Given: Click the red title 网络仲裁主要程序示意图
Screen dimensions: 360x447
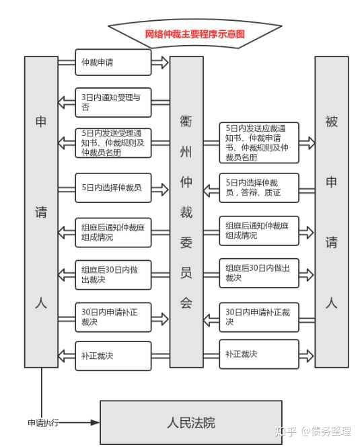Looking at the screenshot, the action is point(194,34).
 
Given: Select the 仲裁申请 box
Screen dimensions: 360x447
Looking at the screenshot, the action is point(113,63).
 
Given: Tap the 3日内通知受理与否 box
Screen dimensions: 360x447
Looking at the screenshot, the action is point(113,103).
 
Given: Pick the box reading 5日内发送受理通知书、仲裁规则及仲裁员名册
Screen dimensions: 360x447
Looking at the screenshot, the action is point(113,143).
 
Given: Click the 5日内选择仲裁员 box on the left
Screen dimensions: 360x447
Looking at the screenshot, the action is point(113,188).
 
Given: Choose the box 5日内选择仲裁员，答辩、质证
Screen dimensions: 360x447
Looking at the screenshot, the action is point(259,188).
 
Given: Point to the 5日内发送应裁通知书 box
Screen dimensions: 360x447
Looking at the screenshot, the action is point(259,143).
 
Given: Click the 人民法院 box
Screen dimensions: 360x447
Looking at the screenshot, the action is point(191,423).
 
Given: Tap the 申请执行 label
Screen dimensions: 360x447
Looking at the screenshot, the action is point(43,423).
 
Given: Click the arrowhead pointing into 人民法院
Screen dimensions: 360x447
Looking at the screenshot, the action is point(95,423).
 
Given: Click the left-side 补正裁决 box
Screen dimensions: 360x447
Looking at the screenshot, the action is point(113,356).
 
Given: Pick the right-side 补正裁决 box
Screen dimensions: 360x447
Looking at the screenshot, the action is point(259,354).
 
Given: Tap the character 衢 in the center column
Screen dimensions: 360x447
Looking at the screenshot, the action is point(186,121).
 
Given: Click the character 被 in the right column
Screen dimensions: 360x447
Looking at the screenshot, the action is point(332,121).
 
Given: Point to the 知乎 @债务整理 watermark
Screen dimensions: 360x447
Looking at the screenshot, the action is point(313,432).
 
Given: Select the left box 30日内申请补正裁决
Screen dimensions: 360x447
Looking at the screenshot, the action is point(113,317).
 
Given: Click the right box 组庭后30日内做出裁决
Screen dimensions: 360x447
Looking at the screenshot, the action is point(259,273).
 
